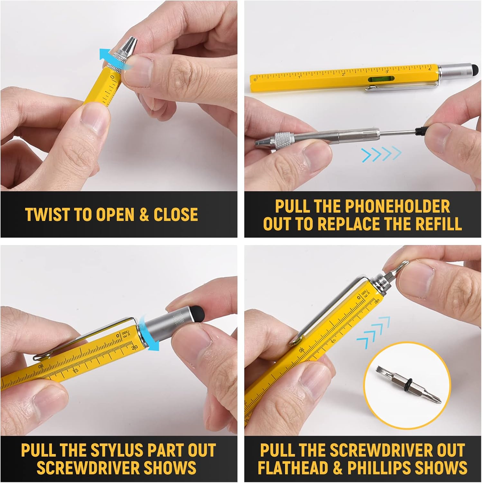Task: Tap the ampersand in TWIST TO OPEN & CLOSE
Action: tap(144, 215)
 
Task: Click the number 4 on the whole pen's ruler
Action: tap(430, 69)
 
